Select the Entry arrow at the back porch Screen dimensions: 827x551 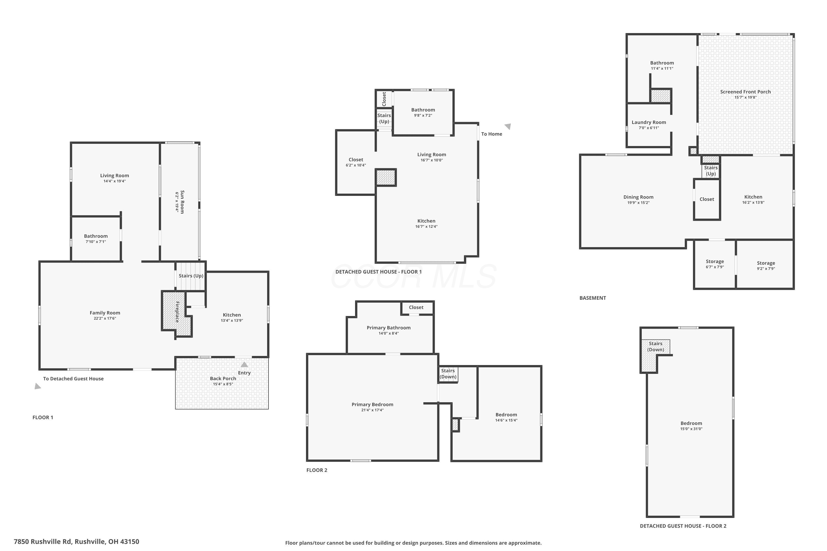[244, 364]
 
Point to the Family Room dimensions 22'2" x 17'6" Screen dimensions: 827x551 [105, 318]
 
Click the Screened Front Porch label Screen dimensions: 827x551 [745, 92]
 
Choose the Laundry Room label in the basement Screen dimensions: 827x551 [649, 122]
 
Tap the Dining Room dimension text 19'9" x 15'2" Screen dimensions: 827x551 [638, 203]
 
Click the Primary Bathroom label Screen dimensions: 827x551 [388, 328]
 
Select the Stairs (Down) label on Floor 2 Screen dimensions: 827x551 [448, 374]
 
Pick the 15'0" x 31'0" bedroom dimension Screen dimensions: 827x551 [691, 429]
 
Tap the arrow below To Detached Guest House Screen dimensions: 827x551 [37, 386]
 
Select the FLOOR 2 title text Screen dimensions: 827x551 [317, 470]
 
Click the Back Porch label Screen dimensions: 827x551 [223, 379]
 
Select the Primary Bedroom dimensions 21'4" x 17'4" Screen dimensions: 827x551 [372, 410]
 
